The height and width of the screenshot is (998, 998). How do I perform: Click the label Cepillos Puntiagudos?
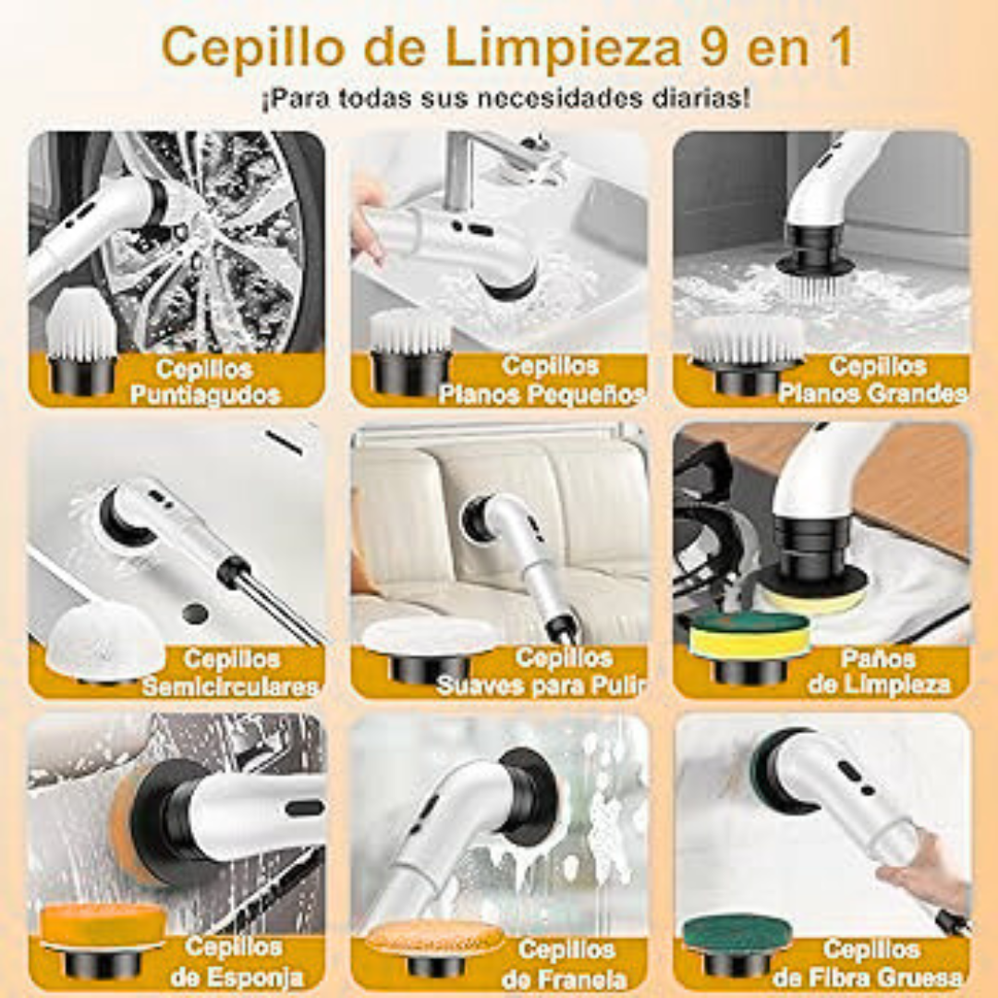(x=205, y=382)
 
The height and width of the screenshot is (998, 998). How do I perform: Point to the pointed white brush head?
(x=81, y=340)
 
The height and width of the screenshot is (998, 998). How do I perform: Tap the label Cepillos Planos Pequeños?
(x=542, y=380)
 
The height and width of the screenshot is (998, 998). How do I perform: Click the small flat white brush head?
(x=410, y=351)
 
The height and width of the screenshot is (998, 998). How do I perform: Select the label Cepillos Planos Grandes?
(x=873, y=380)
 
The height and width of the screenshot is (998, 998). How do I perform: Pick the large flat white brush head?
(x=748, y=354)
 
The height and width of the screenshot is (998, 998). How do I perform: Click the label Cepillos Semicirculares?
(x=230, y=672)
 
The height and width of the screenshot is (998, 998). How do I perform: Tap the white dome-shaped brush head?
(x=105, y=641)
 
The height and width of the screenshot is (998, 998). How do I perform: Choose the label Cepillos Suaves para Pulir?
(x=541, y=672)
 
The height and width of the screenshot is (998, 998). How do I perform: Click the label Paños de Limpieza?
(x=879, y=672)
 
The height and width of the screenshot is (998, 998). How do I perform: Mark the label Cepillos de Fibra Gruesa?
(x=870, y=963)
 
